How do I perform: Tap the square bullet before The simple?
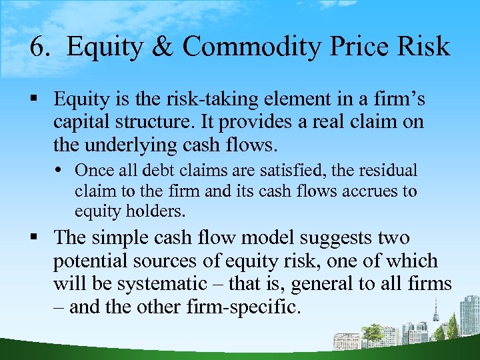pyautogui.click(x=42, y=238)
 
